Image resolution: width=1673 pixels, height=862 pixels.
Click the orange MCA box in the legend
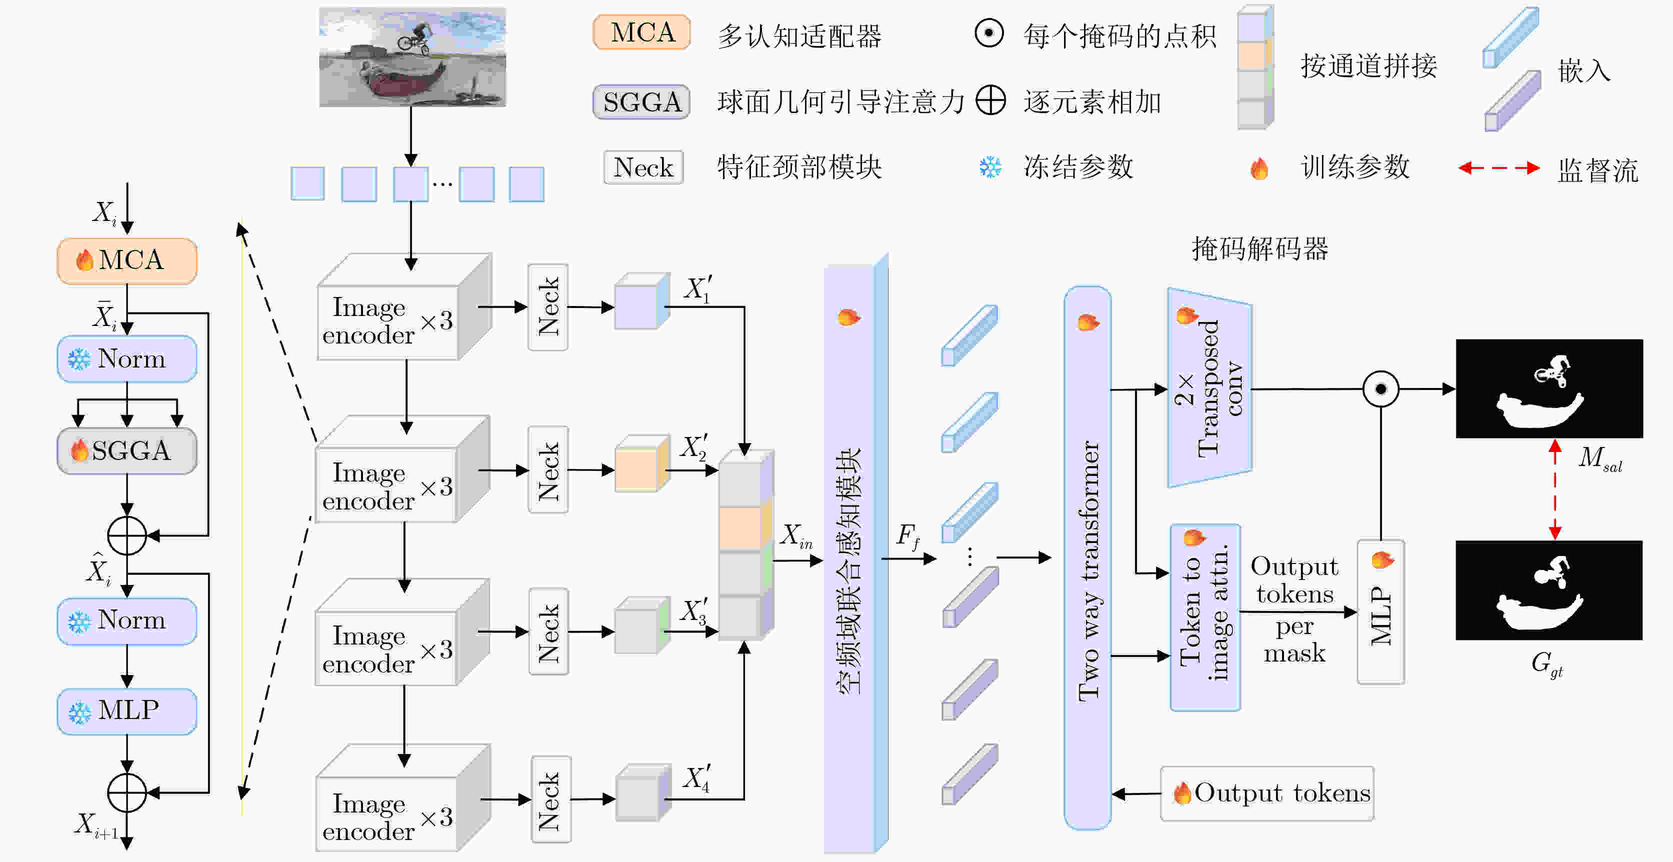[641, 32]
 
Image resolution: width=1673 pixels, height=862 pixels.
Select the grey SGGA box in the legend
[641, 102]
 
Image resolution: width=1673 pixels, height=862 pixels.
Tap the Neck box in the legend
[643, 167]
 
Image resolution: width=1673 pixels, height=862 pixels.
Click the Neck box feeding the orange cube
[548, 469]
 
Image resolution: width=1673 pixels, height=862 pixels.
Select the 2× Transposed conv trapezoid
[1208, 388]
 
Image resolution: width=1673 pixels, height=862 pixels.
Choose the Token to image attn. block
[1204, 617]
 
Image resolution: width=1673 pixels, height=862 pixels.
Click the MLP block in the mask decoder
[1380, 612]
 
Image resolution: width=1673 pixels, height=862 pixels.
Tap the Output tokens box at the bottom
[1266, 793]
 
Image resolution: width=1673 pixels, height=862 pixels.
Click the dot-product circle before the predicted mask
[1380, 389]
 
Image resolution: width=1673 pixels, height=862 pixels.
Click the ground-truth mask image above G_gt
[1549, 590]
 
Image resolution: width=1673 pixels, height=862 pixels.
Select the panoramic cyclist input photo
[412, 57]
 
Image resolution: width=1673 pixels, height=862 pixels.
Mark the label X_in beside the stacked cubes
[795, 536]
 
